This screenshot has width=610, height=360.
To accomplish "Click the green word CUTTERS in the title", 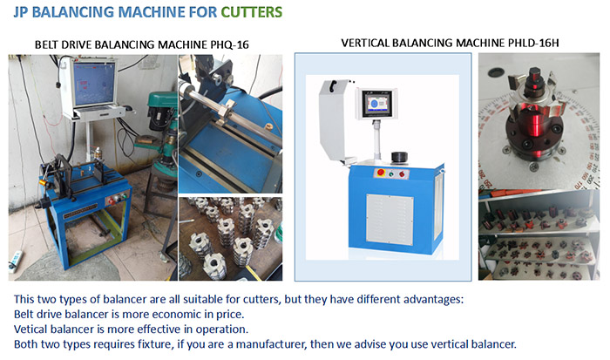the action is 251,12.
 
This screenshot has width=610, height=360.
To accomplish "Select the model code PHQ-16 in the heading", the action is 229,44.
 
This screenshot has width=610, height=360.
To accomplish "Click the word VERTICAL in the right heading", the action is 365,43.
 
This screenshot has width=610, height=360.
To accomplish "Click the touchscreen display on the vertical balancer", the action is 377,104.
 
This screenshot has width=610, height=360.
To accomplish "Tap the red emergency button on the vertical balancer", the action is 381,173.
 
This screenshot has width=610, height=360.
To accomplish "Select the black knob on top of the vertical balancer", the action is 399,157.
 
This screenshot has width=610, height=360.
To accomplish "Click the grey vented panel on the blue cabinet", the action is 390,219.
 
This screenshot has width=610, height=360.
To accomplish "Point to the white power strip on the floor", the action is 15,262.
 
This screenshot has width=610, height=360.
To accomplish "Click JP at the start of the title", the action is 21,12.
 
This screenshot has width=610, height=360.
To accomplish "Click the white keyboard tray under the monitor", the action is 99,113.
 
